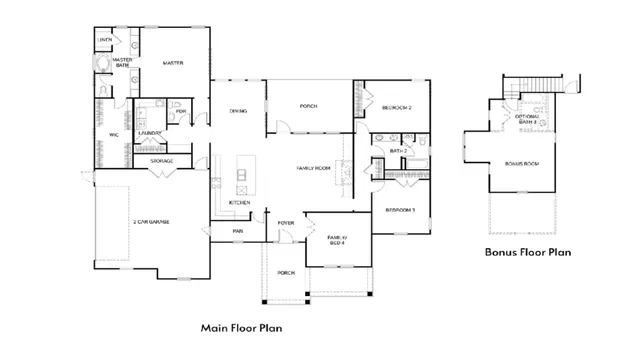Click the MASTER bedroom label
point(173,63)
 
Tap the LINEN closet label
point(105,41)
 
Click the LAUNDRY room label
point(151,132)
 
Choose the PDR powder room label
point(181,111)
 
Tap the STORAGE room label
point(162,161)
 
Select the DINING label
point(239,111)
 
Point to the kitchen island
point(241,177)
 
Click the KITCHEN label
point(240,203)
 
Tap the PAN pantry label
point(238,231)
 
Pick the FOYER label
point(286,223)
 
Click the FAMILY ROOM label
point(313,168)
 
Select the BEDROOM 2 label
point(397,107)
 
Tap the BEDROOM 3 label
point(400,210)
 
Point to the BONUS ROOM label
point(522,163)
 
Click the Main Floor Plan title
point(241,327)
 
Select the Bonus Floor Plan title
point(528,253)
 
